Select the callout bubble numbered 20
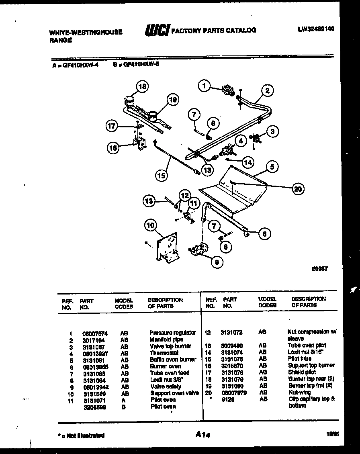297,189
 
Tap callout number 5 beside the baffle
272,166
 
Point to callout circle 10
150,225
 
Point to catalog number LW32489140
316,29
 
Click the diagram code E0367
319,269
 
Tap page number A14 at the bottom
203,434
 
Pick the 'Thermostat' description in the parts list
164,353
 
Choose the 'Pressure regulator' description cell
172,333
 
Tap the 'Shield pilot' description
302,372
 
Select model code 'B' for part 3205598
123,406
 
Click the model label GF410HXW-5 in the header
136,63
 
